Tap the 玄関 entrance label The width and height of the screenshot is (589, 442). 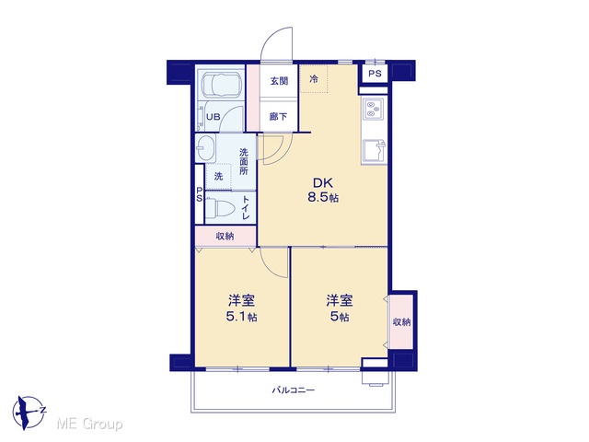point(279,81)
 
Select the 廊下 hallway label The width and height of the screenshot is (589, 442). point(278,117)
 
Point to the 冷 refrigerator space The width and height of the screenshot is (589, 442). point(314,79)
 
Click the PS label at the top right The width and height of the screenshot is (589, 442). point(375,74)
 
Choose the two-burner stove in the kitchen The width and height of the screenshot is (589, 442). point(375,109)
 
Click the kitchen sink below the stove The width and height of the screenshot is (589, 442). point(375,151)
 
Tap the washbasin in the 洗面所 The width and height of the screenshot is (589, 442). point(205,148)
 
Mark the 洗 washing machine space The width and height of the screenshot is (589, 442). point(218,176)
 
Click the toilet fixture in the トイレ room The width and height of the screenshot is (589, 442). point(220,207)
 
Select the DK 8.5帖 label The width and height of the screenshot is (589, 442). point(323,191)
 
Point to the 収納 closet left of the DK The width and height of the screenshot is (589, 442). point(225,236)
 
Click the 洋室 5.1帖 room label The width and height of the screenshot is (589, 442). point(241,308)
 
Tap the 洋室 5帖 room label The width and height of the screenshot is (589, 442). point(340,308)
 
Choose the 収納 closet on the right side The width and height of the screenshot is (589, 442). point(401,321)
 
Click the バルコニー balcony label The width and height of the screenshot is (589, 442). point(294,390)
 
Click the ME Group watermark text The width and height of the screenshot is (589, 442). point(89,425)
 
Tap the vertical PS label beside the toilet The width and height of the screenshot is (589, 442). point(199,194)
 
